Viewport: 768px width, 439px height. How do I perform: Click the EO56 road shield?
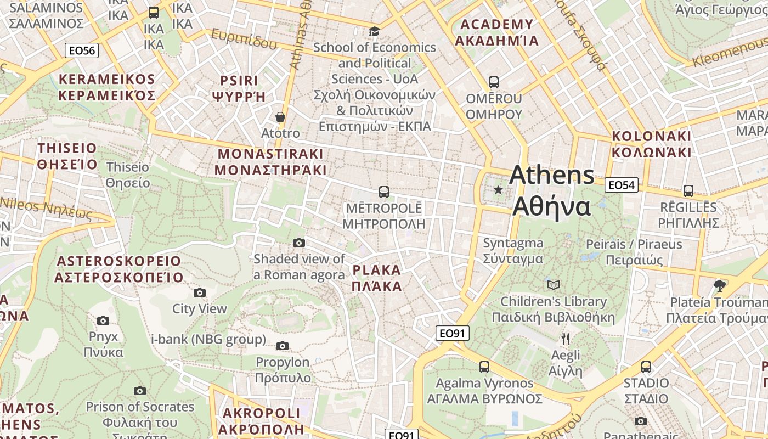tap(82, 50)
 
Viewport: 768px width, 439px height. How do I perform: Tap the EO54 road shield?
tap(622, 185)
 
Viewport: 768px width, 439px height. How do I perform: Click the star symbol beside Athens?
tap(498, 190)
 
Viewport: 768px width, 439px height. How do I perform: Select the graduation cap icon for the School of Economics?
tap(374, 31)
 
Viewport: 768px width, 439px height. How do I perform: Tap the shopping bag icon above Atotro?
tap(280, 117)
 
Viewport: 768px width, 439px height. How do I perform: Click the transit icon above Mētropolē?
tap(384, 192)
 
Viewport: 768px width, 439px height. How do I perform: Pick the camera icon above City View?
tap(200, 292)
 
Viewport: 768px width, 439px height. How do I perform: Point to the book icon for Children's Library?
tap(554, 285)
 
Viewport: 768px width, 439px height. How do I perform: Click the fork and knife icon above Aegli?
tap(566, 339)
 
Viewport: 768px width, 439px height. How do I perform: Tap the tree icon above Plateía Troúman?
tap(720, 285)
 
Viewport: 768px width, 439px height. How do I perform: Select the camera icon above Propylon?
tap(283, 346)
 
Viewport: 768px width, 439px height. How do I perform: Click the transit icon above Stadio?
tap(646, 367)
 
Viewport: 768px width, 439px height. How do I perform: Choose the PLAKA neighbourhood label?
tap(377, 278)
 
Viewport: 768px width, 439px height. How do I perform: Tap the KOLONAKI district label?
tap(652, 144)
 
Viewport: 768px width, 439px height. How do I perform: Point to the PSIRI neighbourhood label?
tap(239, 88)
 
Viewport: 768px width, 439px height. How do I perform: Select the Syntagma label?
tap(513, 251)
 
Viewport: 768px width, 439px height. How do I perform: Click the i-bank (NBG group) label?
tap(208, 339)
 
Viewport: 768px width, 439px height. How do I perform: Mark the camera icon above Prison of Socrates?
tap(140, 391)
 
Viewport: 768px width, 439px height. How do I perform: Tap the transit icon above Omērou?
tap(494, 82)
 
